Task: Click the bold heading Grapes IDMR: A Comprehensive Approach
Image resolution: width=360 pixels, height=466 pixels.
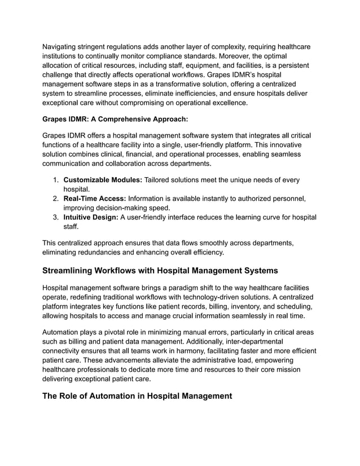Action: (x=115, y=119)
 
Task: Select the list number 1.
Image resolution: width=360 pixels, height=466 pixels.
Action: (x=55, y=180)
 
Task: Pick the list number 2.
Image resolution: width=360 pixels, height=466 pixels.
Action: (x=55, y=199)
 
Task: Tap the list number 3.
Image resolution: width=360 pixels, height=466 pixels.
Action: (x=55, y=217)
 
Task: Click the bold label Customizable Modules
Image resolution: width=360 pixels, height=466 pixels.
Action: (x=103, y=180)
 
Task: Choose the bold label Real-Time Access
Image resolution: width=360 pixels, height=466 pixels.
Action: (x=95, y=199)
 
